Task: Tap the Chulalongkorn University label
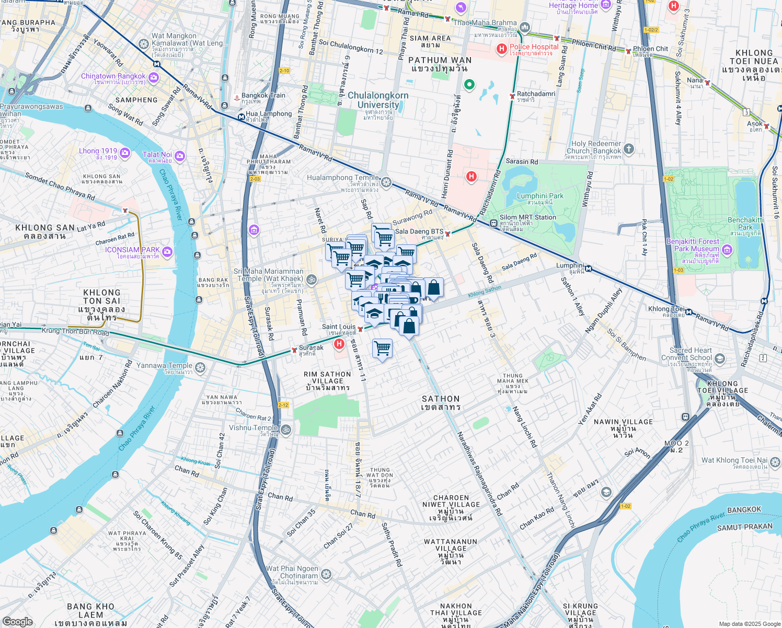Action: [378, 100]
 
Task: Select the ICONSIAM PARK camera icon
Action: [167, 253]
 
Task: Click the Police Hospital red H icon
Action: [501, 49]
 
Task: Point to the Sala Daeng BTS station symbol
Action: [448, 234]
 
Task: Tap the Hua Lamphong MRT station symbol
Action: [240, 117]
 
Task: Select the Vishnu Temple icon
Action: [285, 430]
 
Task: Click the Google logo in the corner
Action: [17, 621]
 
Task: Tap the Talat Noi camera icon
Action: [180, 156]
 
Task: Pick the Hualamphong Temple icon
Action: [386, 182]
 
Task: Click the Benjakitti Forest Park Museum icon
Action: [727, 250]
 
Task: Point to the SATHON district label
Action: [441, 402]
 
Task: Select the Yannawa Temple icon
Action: [200, 368]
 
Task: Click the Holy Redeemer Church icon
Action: [629, 149]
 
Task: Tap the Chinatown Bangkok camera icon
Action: [154, 78]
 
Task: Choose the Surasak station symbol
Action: [294, 350]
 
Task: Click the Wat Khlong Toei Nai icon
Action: [775, 462]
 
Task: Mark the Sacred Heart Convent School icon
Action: [720, 358]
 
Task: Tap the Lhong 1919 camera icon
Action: [125, 153]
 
